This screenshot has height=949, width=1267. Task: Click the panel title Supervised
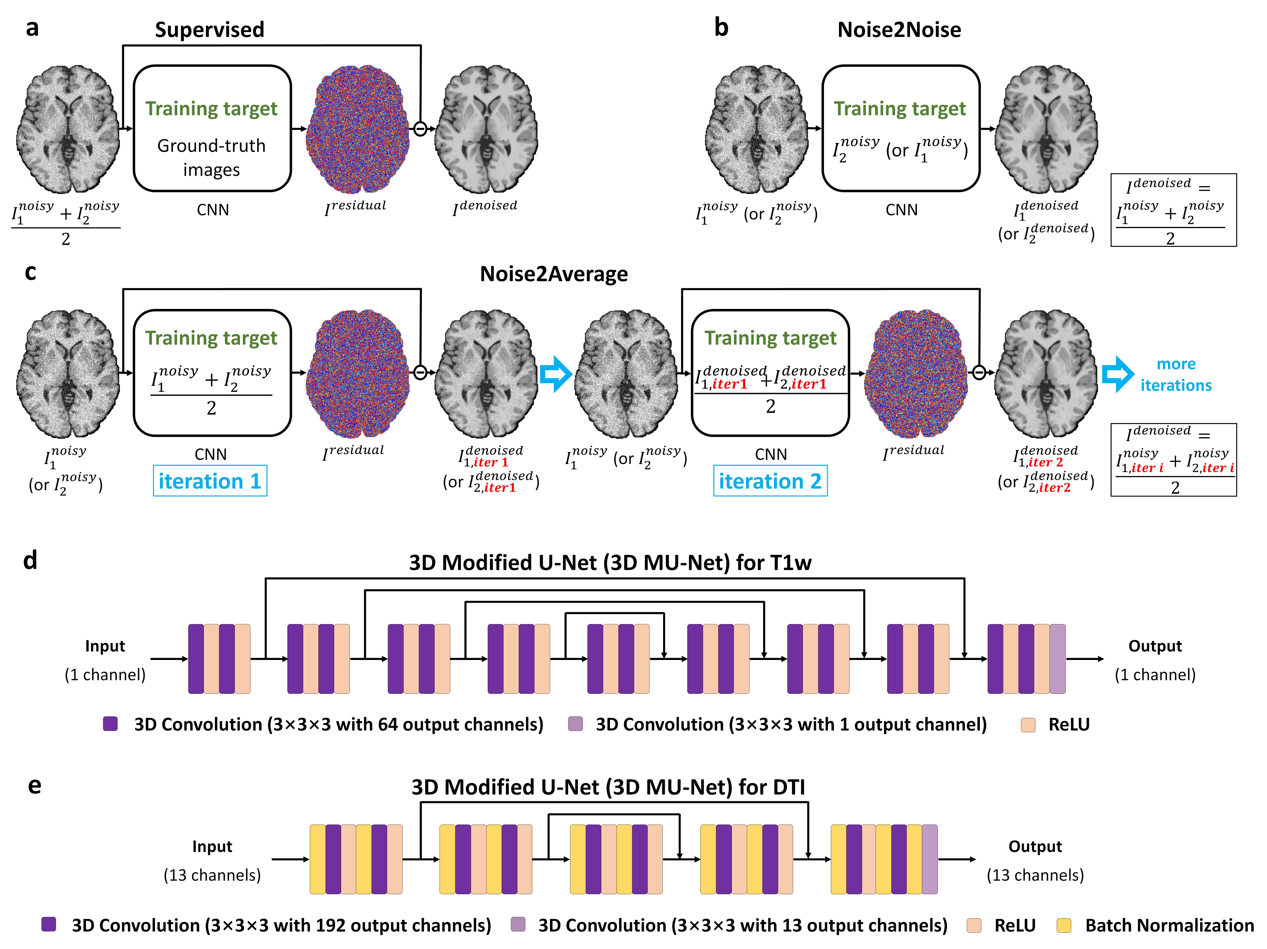click(210, 30)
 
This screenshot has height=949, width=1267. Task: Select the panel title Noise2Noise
click(899, 30)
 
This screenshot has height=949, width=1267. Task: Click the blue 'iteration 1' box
click(210, 481)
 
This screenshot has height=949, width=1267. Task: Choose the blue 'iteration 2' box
click(770, 481)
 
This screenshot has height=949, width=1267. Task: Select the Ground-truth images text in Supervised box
click(211, 158)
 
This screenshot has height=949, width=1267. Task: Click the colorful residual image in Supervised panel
click(358, 129)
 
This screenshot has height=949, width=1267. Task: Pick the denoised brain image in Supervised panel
click(486, 129)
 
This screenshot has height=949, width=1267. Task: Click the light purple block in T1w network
click(1057, 659)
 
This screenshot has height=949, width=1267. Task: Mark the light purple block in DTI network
click(930, 859)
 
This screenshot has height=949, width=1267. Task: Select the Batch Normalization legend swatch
click(1064, 926)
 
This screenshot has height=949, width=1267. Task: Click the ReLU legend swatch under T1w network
click(1028, 724)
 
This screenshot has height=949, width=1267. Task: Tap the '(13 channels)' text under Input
click(212, 875)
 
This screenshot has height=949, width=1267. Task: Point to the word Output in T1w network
click(1155, 646)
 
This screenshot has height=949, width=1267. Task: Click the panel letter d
click(30, 560)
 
